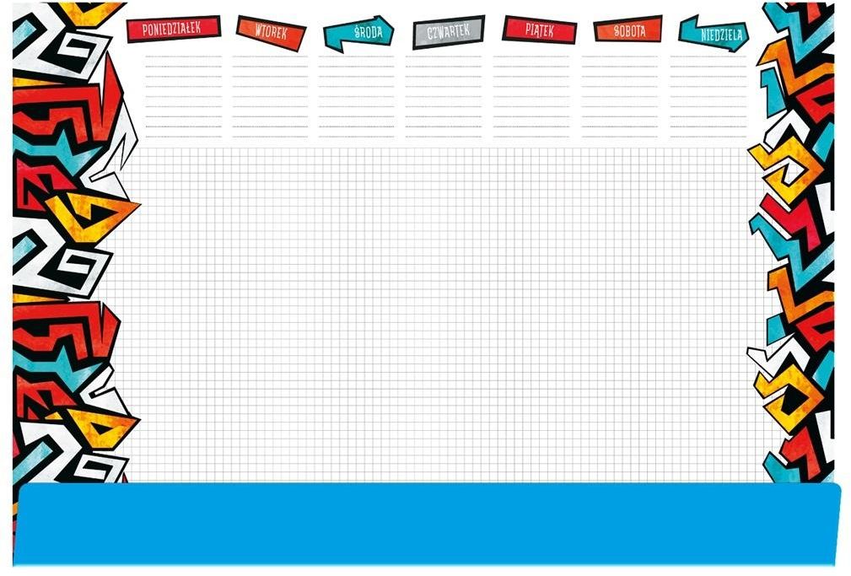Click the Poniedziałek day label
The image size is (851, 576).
click(x=173, y=29)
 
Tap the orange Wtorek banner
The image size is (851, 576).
click(x=271, y=33)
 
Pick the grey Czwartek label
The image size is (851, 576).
click(x=449, y=32)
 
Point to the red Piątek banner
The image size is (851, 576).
click(x=540, y=30)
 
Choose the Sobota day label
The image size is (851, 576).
click(x=628, y=30)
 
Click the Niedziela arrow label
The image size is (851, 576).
click(x=714, y=34)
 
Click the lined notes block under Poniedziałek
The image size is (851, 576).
click(x=184, y=96)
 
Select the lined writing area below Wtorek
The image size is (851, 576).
click(x=270, y=96)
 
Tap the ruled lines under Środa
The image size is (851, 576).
click(x=357, y=96)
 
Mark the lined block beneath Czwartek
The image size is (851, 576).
click(x=444, y=96)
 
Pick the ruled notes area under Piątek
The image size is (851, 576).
click(x=531, y=96)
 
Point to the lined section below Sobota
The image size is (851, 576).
click(x=620, y=96)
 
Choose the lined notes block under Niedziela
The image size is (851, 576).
click(x=708, y=96)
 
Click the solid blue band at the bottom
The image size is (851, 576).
click(x=428, y=524)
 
